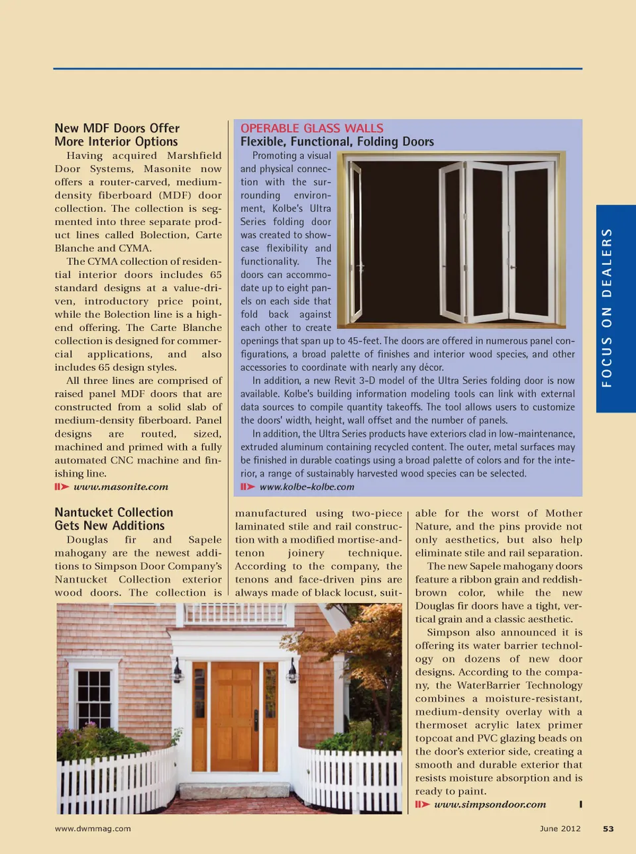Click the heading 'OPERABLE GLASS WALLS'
click(x=311, y=128)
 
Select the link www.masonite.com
click(x=121, y=487)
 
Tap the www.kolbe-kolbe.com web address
click(x=307, y=487)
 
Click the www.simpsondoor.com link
click(x=490, y=805)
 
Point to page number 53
click(x=608, y=829)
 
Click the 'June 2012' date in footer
click(x=560, y=829)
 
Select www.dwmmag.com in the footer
click(x=93, y=829)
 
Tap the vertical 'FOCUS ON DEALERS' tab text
click(x=607, y=308)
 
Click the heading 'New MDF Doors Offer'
click(x=117, y=128)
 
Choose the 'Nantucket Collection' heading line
click(x=114, y=512)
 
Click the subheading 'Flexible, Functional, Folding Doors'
click(x=337, y=142)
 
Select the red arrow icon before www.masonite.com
click(x=62, y=487)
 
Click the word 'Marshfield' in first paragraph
click(x=194, y=156)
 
